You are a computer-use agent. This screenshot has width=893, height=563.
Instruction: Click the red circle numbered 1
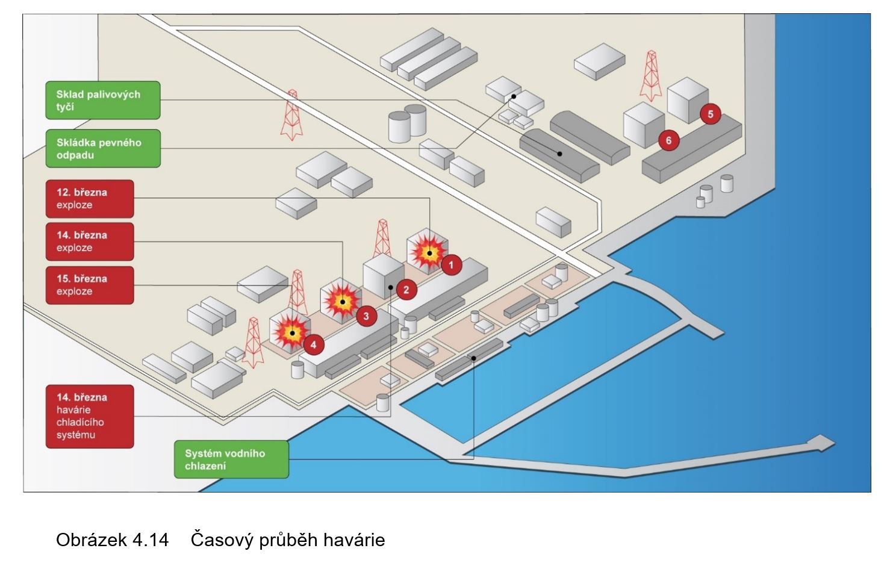point(452,264)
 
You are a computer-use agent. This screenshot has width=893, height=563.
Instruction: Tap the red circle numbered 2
point(406,290)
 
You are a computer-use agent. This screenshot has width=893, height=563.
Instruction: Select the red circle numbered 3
point(366,315)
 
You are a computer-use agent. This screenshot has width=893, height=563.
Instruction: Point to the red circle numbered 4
point(314,344)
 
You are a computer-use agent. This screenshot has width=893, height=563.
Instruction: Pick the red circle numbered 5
point(711,113)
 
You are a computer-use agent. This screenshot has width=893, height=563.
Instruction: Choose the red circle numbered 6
point(668,141)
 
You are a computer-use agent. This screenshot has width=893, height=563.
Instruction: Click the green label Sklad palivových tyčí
point(103,100)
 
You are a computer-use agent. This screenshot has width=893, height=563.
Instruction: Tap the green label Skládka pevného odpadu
point(103,148)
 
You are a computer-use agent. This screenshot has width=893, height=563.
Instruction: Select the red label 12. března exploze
point(90,199)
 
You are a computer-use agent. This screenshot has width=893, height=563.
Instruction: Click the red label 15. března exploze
point(90,285)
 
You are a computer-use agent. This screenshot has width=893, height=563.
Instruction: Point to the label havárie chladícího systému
point(90,416)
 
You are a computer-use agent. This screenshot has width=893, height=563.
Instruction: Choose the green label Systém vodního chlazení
point(231,459)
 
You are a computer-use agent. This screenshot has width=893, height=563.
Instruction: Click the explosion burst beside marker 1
point(428,251)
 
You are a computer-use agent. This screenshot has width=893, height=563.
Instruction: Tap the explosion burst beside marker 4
point(292,332)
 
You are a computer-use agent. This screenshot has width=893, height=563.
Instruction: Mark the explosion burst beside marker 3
point(342,301)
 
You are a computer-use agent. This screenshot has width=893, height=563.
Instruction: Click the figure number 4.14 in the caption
point(151,540)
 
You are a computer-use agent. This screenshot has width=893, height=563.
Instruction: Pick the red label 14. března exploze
point(90,241)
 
